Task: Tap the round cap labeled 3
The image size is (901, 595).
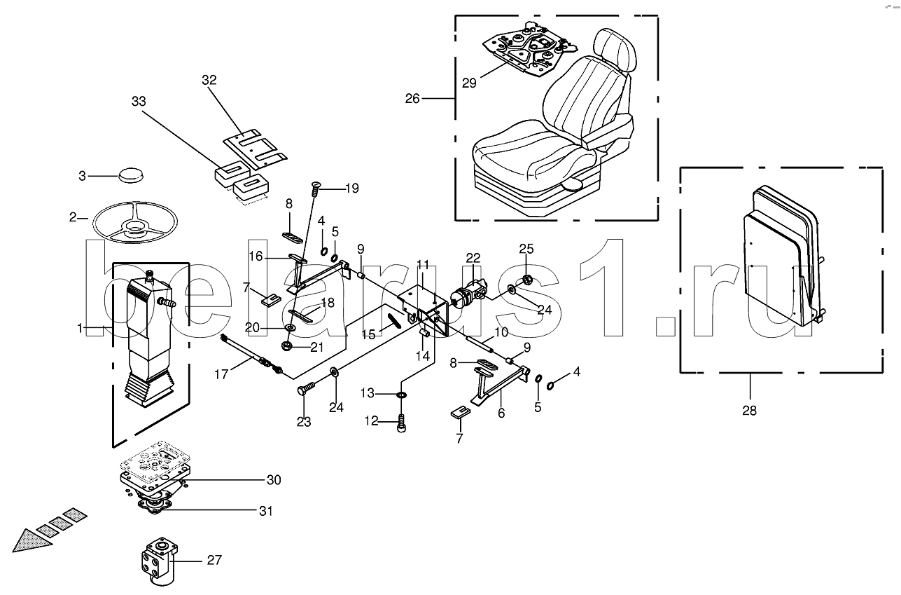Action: point(131,175)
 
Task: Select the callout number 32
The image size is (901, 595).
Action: point(209,80)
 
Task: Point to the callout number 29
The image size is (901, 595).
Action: point(469,83)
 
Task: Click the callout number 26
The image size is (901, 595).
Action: point(412,99)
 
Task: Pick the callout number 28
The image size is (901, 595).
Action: point(750,411)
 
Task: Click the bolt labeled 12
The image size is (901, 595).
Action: point(401,423)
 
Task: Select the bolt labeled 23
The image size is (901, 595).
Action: point(307,388)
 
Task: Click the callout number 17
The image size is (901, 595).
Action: point(221,375)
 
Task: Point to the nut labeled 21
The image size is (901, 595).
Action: point(286,346)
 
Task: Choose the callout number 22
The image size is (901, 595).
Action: point(473,258)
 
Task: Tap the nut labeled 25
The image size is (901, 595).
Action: point(528,279)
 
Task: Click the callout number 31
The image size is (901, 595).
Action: point(266,511)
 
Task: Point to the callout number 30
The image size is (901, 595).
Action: point(274,480)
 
